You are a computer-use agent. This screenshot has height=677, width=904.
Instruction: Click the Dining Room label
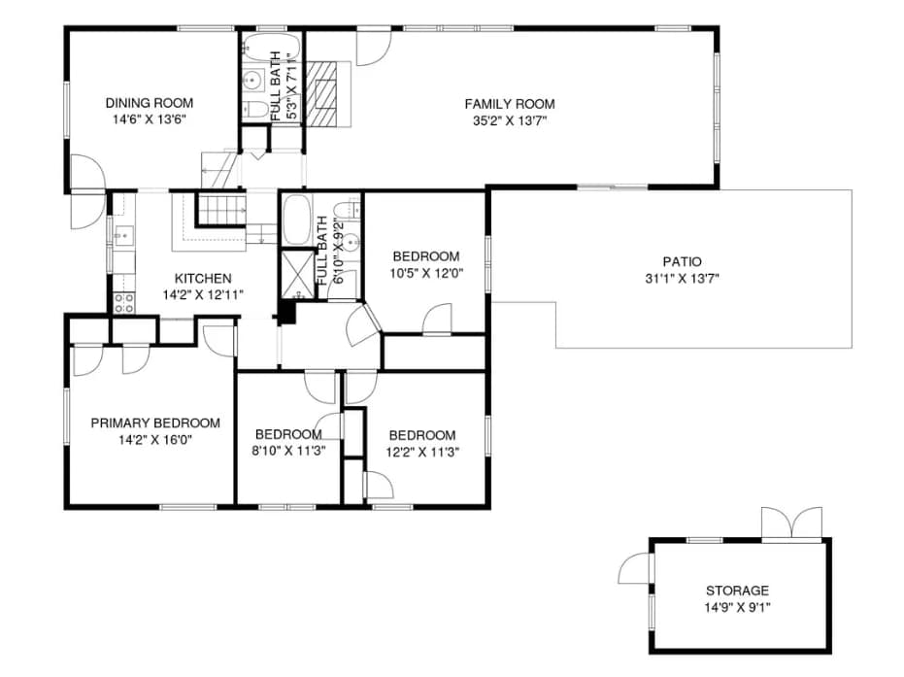[x=150, y=103]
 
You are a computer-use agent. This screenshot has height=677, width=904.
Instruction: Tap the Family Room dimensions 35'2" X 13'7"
[x=510, y=121]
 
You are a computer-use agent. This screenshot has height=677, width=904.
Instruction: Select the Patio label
[x=682, y=262]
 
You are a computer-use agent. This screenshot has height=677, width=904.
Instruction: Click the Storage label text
[x=737, y=591]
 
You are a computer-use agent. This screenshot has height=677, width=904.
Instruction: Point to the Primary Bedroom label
[x=155, y=423]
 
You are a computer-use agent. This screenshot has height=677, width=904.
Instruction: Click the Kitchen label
[x=203, y=279]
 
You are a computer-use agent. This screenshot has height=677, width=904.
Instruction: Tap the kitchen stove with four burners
[x=124, y=303]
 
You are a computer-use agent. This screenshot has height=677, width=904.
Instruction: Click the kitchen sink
[x=123, y=235]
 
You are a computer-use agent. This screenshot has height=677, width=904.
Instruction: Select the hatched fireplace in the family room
[x=321, y=93]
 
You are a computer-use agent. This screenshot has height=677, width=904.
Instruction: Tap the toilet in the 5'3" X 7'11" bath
[x=254, y=110]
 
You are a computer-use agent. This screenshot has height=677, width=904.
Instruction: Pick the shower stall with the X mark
[x=297, y=275]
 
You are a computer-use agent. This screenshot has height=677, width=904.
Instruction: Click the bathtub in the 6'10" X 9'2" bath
[x=297, y=220]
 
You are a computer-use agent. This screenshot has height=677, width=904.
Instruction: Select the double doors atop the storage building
[x=791, y=524]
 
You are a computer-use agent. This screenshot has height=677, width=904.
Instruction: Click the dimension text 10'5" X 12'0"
[x=426, y=273]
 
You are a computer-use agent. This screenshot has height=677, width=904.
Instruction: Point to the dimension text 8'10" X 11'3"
[x=288, y=451]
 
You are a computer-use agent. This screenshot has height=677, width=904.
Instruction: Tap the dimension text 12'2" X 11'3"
[x=422, y=452]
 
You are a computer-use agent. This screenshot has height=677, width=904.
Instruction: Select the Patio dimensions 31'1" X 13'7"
[x=682, y=279]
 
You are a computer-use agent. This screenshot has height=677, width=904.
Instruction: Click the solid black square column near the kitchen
[x=286, y=313]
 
